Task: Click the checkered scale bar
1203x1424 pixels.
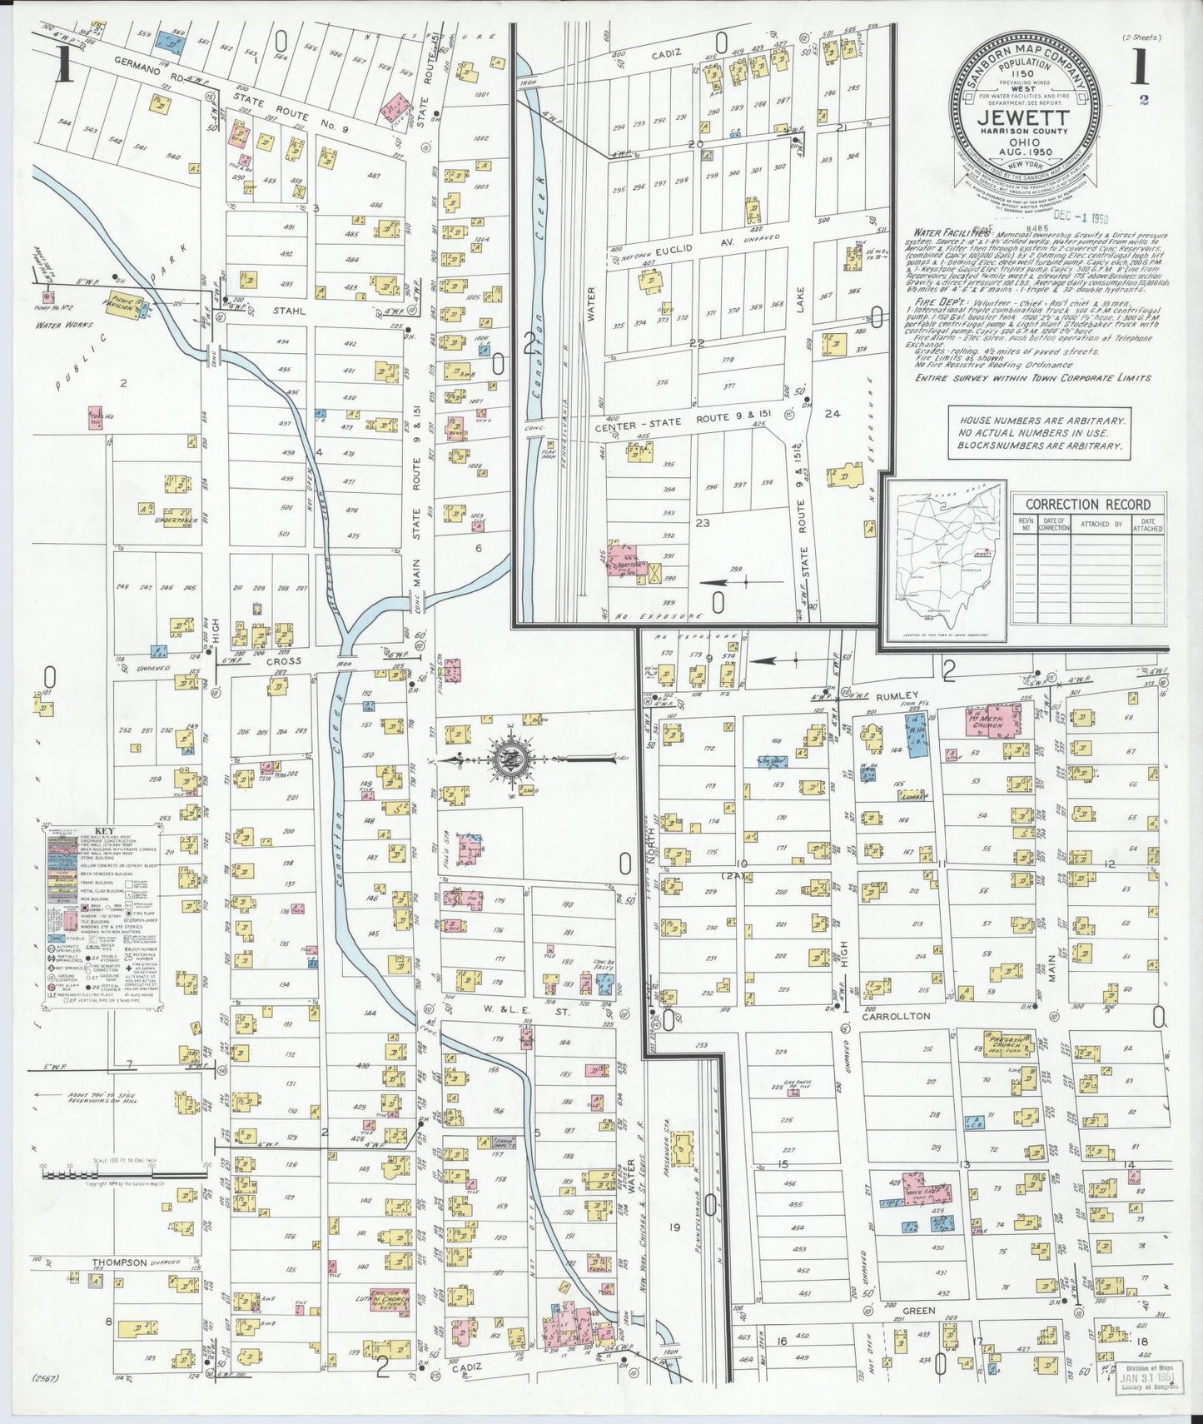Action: tap(125, 1174)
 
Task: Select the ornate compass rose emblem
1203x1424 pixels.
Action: tap(505, 759)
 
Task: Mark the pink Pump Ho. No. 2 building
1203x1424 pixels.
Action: tap(47, 294)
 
